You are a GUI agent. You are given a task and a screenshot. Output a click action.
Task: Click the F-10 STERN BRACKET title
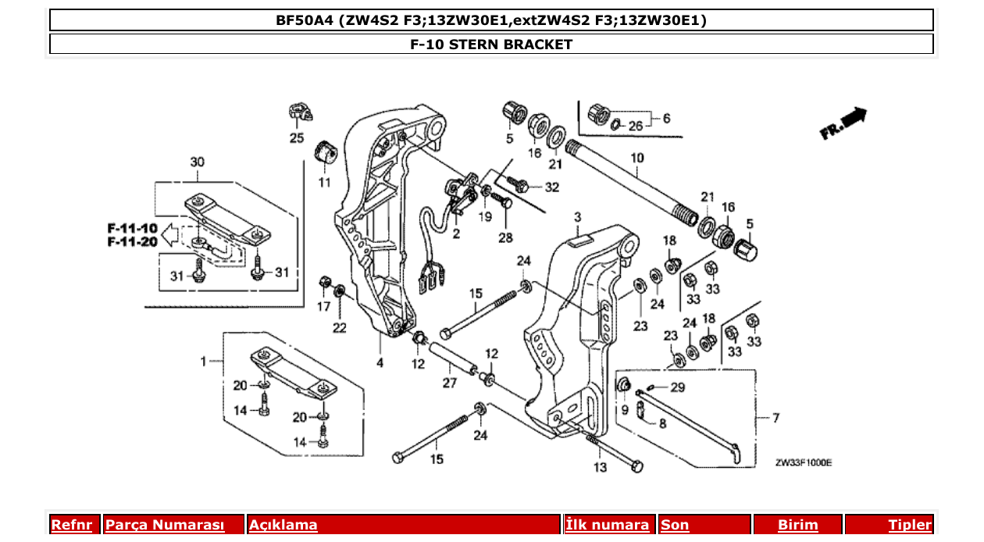[x=491, y=45]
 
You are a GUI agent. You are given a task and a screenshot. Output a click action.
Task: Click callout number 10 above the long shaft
[x=637, y=159]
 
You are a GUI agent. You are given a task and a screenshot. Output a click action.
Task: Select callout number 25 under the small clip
[x=297, y=139]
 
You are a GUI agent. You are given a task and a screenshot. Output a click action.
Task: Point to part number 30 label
[x=198, y=162]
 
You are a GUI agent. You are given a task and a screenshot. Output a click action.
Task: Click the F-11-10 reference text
[x=132, y=228]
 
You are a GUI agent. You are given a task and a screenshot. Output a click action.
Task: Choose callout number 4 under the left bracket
[x=380, y=363]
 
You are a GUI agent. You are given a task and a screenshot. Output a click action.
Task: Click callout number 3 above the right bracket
[x=578, y=216]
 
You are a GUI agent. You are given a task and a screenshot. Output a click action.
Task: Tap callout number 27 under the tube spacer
[x=449, y=383]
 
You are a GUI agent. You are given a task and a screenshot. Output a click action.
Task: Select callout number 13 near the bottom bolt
[x=600, y=468]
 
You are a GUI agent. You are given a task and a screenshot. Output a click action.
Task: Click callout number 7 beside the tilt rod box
[x=775, y=419]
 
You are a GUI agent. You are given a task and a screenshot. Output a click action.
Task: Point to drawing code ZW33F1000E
[x=804, y=462]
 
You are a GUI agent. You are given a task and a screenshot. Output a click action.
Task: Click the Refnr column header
[x=75, y=525]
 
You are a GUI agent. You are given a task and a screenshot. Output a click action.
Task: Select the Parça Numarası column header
[x=165, y=525]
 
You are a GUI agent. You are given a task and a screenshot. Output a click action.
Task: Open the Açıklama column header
[x=283, y=525]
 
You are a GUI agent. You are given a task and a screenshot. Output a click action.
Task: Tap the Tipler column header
[x=909, y=525]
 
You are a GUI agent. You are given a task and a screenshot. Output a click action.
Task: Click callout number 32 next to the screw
[x=552, y=187]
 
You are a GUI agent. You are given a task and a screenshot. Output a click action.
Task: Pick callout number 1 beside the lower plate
[x=203, y=362]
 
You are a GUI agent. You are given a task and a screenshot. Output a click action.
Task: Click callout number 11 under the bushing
[x=324, y=182]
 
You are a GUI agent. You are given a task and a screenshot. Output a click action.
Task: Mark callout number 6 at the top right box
[x=666, y=119]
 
